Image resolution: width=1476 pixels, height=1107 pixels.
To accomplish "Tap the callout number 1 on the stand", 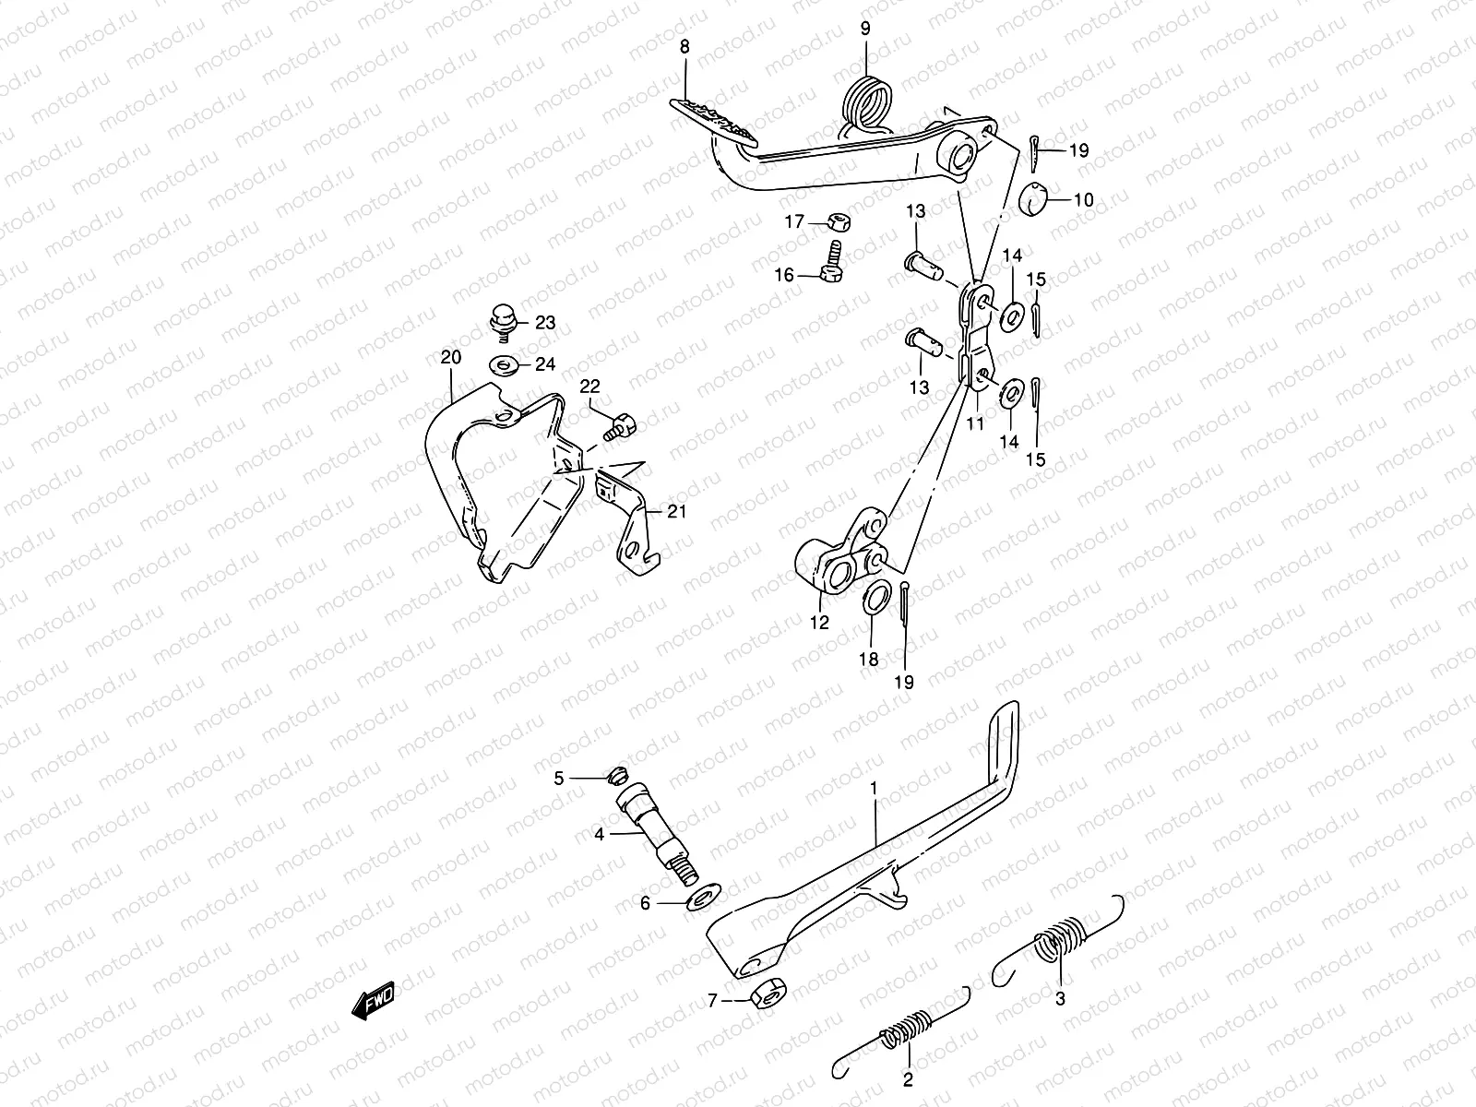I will [x=874, y=789].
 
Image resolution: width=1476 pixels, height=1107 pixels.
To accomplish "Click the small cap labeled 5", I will [x=619, y=775].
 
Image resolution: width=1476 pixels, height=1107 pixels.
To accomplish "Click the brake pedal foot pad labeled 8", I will [x=712, y=120].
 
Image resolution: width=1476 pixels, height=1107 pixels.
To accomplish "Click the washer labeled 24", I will [x=504, y=364].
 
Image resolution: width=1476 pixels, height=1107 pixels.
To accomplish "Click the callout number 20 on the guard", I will [x=450, y=357].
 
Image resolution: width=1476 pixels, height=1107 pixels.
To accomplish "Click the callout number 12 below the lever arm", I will [x=820, y=623].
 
